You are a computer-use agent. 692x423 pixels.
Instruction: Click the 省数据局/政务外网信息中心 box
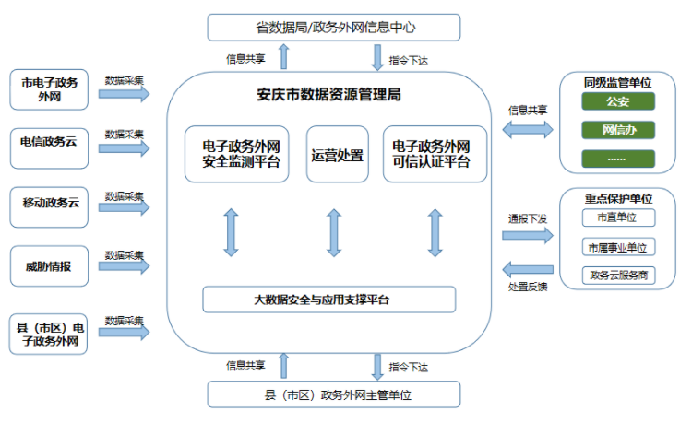[x=333, y=28]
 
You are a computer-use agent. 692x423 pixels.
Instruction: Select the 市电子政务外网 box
[x=50, y=89]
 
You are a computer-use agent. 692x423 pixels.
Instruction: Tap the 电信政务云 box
[x=50, y=142]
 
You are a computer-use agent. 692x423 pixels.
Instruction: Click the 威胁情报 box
[x=50, y=266]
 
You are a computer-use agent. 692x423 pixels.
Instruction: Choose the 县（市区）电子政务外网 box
[x=50, y=335]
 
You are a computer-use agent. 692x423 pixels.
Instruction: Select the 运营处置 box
[x=337, y=155]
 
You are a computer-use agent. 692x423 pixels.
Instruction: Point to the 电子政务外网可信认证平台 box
[x=434, y=155]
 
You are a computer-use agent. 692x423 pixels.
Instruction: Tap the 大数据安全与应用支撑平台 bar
[x=329, y=300]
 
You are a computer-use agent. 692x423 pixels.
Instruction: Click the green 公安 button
[x=618, y=100]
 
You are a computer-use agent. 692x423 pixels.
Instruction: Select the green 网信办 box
[x=618, y=129]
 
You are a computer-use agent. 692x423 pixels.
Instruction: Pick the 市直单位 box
[x=618, y=218]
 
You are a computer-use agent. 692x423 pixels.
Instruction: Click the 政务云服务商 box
[x=618, y=275]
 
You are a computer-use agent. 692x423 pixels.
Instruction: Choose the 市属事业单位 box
[x=618, y=247]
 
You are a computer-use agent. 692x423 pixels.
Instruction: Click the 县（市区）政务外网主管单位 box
[x=333, y=394]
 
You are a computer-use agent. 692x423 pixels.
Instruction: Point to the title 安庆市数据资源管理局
[x=328, y=95]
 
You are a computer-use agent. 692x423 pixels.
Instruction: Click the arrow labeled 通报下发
[x=527, y=235]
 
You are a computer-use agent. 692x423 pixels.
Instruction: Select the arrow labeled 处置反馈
[x=527, y=269]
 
